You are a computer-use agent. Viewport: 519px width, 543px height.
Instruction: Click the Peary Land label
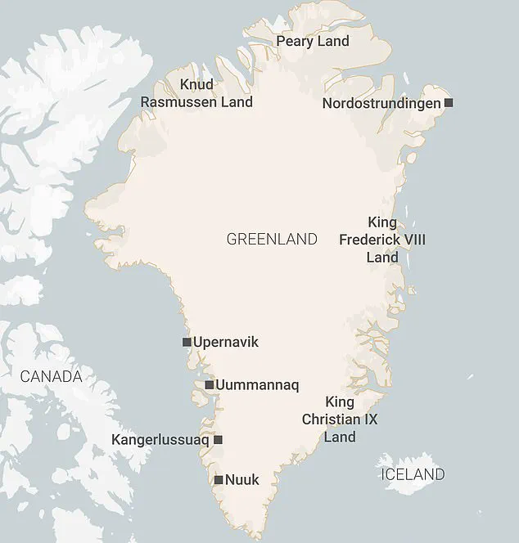pyautogui.click(x=313, y=41)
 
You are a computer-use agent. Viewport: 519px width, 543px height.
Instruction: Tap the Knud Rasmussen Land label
pyautogui.click(x=196, y=93)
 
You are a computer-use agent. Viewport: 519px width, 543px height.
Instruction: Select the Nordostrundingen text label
pyautogui.click(x=381, y=103)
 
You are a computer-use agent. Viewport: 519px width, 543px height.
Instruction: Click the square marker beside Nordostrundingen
pyautogui.click(x=448, y=103)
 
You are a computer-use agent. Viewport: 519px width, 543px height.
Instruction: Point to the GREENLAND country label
pyautogui.click(x=272, y=240)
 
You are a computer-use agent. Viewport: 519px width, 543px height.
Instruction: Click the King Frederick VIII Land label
pyautogui.click(x=382, y=240)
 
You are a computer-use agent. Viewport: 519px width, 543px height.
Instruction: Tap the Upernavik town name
pyautogui.click(x=226, y=342)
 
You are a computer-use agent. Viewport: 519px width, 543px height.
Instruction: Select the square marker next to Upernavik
pyautogui.click(x=187, y=342)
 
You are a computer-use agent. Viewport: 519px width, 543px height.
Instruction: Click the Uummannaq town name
pyautogui.click(x=257, y=384)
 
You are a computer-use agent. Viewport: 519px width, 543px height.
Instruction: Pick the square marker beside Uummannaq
pyautogui.click(x=210, y=384)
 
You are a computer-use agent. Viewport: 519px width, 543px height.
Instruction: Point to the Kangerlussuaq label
pyautogui.click(x=160, y=440)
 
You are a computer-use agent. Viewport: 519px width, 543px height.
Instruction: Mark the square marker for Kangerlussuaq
pyautogui.click(x=218, y=440)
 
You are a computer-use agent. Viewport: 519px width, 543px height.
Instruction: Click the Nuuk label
pyautogui.click(x=242, y=480)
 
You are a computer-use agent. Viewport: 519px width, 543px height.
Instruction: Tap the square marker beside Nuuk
pyautogui.click(x=219, y=480)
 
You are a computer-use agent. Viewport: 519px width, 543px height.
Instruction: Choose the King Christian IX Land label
pyautogui.click(x=340, y=420)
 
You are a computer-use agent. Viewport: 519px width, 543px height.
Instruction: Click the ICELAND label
pyautogui.click(x=413, y=474)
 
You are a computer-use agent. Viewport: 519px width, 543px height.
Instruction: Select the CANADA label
pyautogui.click(x=51, y=377)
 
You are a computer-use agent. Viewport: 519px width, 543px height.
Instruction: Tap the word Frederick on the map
pyautogui.click(x=382, y=240)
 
